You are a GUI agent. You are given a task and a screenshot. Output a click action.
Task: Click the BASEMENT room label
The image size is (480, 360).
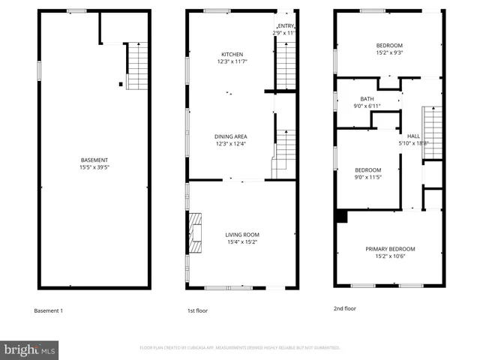point(94,160)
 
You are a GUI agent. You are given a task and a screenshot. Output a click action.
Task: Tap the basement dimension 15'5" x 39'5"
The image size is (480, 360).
point(94,167)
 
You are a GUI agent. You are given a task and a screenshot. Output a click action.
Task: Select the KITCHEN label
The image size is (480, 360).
point(231,55)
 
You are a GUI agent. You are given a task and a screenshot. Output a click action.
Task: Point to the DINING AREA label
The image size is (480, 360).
point(231,136)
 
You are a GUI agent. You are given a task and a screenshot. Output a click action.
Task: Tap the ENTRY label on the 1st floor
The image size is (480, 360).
point(286,26)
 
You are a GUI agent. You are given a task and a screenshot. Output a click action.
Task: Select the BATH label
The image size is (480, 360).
point(367,99)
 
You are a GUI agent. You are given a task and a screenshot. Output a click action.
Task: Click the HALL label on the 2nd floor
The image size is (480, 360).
point(413,136)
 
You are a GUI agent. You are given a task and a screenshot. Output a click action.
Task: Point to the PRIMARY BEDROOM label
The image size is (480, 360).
point(390,249)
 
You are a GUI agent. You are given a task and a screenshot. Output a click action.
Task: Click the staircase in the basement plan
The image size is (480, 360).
point(137,66)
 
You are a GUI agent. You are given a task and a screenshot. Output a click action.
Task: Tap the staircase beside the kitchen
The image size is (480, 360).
point(286,66)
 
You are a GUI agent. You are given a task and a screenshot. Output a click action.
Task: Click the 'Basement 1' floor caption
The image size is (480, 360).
point(49,310)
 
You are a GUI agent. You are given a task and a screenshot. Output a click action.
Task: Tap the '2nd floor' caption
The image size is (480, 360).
point(344,308)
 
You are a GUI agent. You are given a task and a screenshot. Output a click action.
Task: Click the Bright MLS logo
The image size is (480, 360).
point(29,349)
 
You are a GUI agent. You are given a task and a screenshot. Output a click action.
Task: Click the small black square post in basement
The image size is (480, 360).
point(120,84)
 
